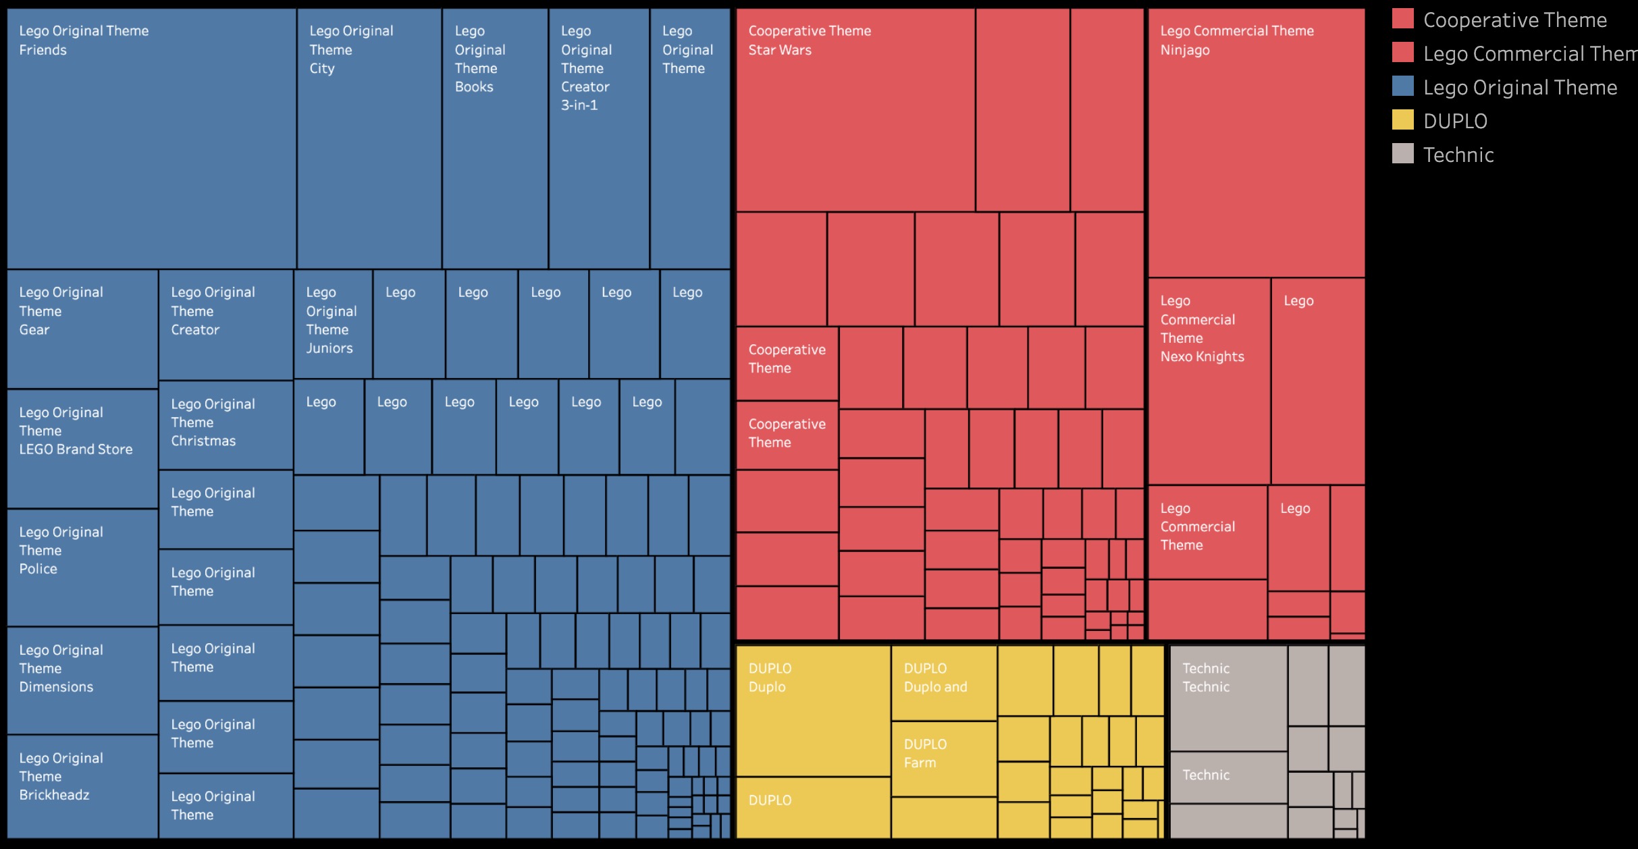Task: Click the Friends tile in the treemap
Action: (151, 138)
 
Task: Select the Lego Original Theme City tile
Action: (369, 138)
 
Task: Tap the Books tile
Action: (495, 138)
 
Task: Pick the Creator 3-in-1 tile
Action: (599, 138)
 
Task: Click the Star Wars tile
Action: (855, 110)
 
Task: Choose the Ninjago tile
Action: (1256, 142)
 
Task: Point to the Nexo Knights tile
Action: (1209, 381)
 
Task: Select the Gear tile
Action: (82, 329)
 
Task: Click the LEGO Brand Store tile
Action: (82, 448)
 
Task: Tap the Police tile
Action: (82, 567)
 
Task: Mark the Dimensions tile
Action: (82, 680)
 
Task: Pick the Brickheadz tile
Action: (82, 786)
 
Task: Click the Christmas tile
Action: (226, 425)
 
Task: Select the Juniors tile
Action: (333, 324)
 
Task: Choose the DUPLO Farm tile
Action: (944, 759)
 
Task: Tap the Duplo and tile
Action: (944, 683)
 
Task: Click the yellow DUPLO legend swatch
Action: (1402, 120)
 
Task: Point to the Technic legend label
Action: (1458, 155)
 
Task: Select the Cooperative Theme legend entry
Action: (1514, 20)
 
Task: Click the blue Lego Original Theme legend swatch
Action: (1402, 86)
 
